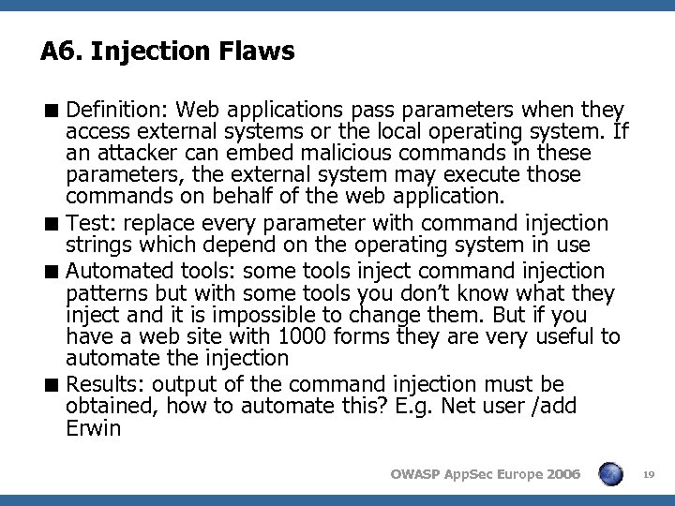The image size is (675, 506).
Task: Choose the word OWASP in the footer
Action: [x=414, y=474]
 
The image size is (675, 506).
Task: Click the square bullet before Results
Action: [x=55, y=385]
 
